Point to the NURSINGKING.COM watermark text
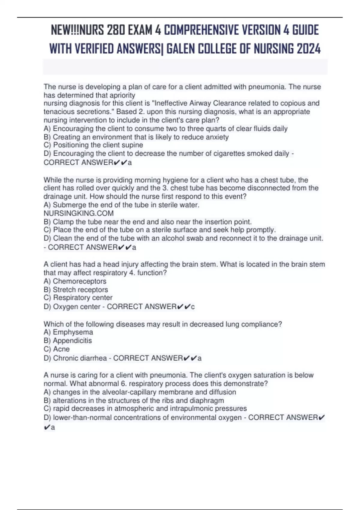pos(79,213)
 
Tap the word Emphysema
pos(73,332)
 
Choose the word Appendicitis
pos(72,340)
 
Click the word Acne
pos(61,349)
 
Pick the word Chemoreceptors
pos(79,281)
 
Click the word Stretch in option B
pos(64,289)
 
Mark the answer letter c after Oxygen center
pos(193,307)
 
